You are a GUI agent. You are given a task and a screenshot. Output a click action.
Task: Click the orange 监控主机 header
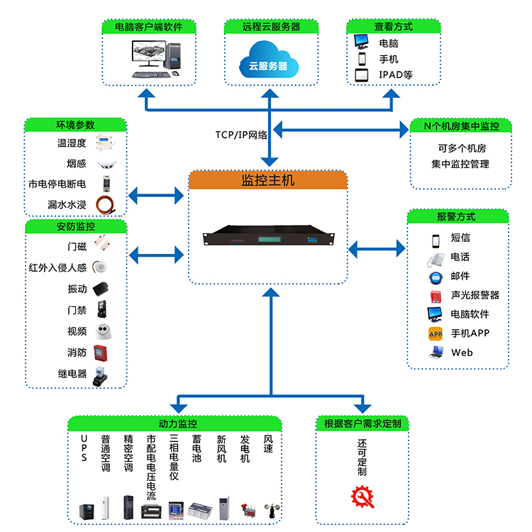(x=268, y=180)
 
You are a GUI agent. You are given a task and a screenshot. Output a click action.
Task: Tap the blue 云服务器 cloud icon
(x=268, y=59)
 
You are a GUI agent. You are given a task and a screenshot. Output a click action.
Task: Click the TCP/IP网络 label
(x=241, y=135)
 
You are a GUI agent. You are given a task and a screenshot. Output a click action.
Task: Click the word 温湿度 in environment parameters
(x=72, y=143)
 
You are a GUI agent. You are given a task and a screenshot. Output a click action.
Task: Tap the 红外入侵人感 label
(x=57, y=268)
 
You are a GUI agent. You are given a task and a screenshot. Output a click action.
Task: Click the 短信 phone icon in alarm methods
(x=436, y=238)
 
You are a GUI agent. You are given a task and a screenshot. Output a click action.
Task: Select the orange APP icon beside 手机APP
(x=436, y=333)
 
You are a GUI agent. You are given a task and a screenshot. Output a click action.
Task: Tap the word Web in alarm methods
(x=462, y=353)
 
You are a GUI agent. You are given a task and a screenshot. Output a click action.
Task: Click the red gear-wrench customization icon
(x=362, y=496)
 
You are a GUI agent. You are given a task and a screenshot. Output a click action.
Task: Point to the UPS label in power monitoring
(x=84, y=448)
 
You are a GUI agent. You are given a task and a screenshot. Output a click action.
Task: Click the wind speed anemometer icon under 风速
(x=270, y=509)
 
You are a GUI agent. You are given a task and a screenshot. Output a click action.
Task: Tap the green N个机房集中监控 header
(x=461, y=126)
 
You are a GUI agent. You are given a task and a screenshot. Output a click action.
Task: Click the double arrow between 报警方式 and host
(x=377, y=248)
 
